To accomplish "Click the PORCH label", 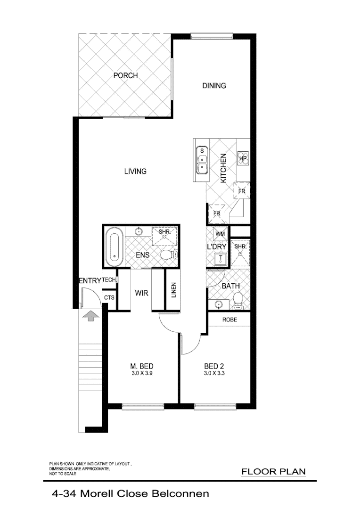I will click(x=125, y=75).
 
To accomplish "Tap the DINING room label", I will click(x=214, y=86).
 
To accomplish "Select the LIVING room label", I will click(x=135, y=171).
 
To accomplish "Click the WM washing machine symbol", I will click(x=220, y=234).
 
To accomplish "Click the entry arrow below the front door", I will click(x=90, y=316).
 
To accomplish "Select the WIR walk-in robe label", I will click(x=141, y=293).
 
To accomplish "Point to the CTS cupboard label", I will click(x=109, y=298).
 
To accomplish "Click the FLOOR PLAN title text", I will click(x=273, y=471).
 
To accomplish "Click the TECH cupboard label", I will click(x=109, y=280).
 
